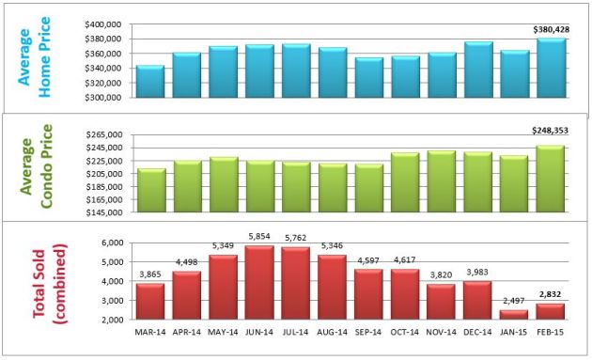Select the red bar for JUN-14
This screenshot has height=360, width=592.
pyautogui.click(x=258, y=285)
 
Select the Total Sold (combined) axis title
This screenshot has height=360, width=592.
pyautogui.click(x=52, y=279)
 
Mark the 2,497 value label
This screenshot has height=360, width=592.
pyautogui.click(x=514, y=302)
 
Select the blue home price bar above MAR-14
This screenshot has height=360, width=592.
pyautogui.click(x=150, y=82)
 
